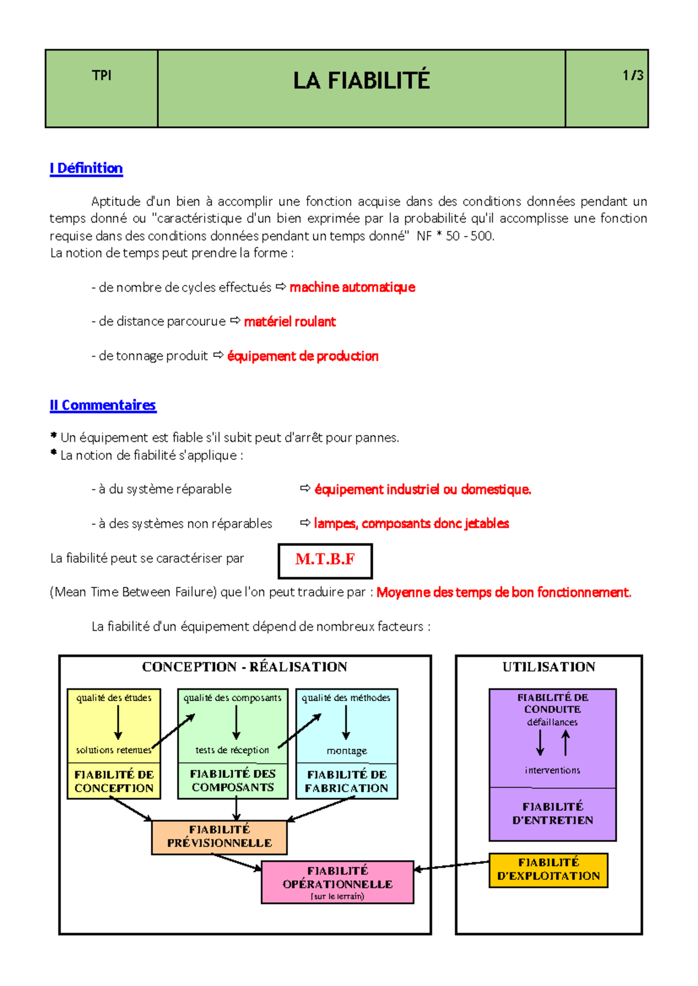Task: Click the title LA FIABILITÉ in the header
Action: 361,80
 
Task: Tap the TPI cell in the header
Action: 101,76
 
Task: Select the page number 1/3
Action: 632,76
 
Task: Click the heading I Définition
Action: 86,169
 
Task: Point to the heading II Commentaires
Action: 103,405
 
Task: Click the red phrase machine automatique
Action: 352,287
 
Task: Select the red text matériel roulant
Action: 290,321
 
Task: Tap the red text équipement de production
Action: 302,356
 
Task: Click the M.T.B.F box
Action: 325,560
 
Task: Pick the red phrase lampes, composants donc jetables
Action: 411,523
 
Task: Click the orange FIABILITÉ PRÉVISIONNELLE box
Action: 219,837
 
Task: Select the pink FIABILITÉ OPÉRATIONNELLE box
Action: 337,881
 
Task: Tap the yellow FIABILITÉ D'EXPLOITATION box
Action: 549,870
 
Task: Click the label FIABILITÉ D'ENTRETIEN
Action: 552,813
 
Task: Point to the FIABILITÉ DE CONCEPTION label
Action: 114,781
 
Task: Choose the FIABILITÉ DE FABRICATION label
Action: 347,781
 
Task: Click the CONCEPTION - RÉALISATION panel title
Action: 244,667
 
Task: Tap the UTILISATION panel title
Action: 549,667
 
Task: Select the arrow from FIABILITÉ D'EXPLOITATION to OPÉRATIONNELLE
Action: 451,866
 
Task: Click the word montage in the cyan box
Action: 347,751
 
